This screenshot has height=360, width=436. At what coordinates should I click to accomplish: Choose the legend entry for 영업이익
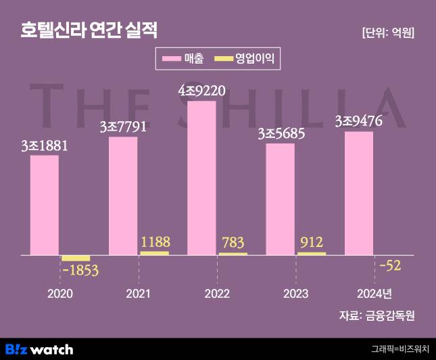[x=247, y=59]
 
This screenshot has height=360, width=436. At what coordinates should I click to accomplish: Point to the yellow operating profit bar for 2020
[x=76, y=258]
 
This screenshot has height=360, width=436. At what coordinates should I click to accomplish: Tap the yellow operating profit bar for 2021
[x=154, y=253]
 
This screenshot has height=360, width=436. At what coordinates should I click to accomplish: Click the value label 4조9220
[x=201, y=90]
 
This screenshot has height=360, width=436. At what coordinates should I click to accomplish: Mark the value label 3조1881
[x=45, y=145]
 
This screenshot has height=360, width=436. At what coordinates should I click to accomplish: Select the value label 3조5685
[x=281, y=133]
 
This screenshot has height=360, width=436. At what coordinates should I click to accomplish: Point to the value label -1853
[x=80, y=271]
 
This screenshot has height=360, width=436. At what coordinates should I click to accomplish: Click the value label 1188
[x=155, y=242]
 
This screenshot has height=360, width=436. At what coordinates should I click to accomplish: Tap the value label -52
[x=390, y=265]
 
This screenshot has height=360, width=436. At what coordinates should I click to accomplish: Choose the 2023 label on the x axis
[x=295, y=294]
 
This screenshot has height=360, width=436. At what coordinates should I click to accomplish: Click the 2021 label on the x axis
[x=139, y=294]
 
